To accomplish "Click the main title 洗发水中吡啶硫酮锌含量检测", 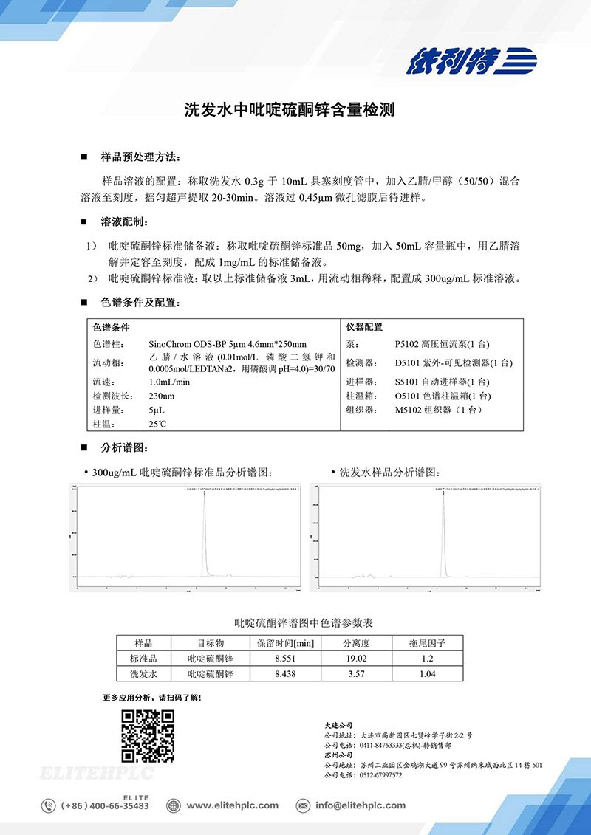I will pyautogui.click(x=290, y=111).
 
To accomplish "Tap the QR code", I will pyautogui.click(x=148, y=735).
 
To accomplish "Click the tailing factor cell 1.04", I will pyautogui.click(x=427, y=673).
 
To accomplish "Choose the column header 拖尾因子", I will pyautogui.click(x=427, y=642).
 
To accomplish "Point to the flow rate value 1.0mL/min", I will pyautogui.click(x=169, y=382).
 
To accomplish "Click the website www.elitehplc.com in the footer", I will pyautogui.click(x=232, y=805).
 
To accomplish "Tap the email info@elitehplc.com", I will pyautogui.click(x=360, y=805).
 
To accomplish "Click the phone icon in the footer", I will pyautogui.click(x=49, y=805).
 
